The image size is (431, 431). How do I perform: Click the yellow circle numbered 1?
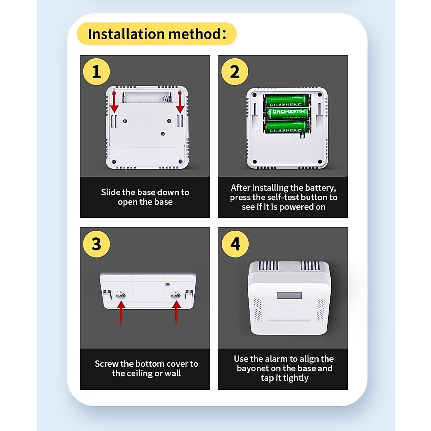coord(96,71)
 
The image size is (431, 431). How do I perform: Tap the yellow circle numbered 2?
coord(235,71)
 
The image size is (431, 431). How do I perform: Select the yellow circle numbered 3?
coord(96,244)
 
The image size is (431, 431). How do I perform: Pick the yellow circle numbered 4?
coord(235,244)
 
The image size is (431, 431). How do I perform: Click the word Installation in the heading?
coord(126,34)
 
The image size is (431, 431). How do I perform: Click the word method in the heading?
coord(194,34)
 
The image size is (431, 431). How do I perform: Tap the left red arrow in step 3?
coord(121,313)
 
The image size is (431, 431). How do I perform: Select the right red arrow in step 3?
coord(176,313)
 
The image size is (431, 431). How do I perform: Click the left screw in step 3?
coord(121,296)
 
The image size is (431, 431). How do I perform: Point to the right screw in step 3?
coord(176,295)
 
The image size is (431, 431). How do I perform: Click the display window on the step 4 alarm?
coord(289,296)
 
